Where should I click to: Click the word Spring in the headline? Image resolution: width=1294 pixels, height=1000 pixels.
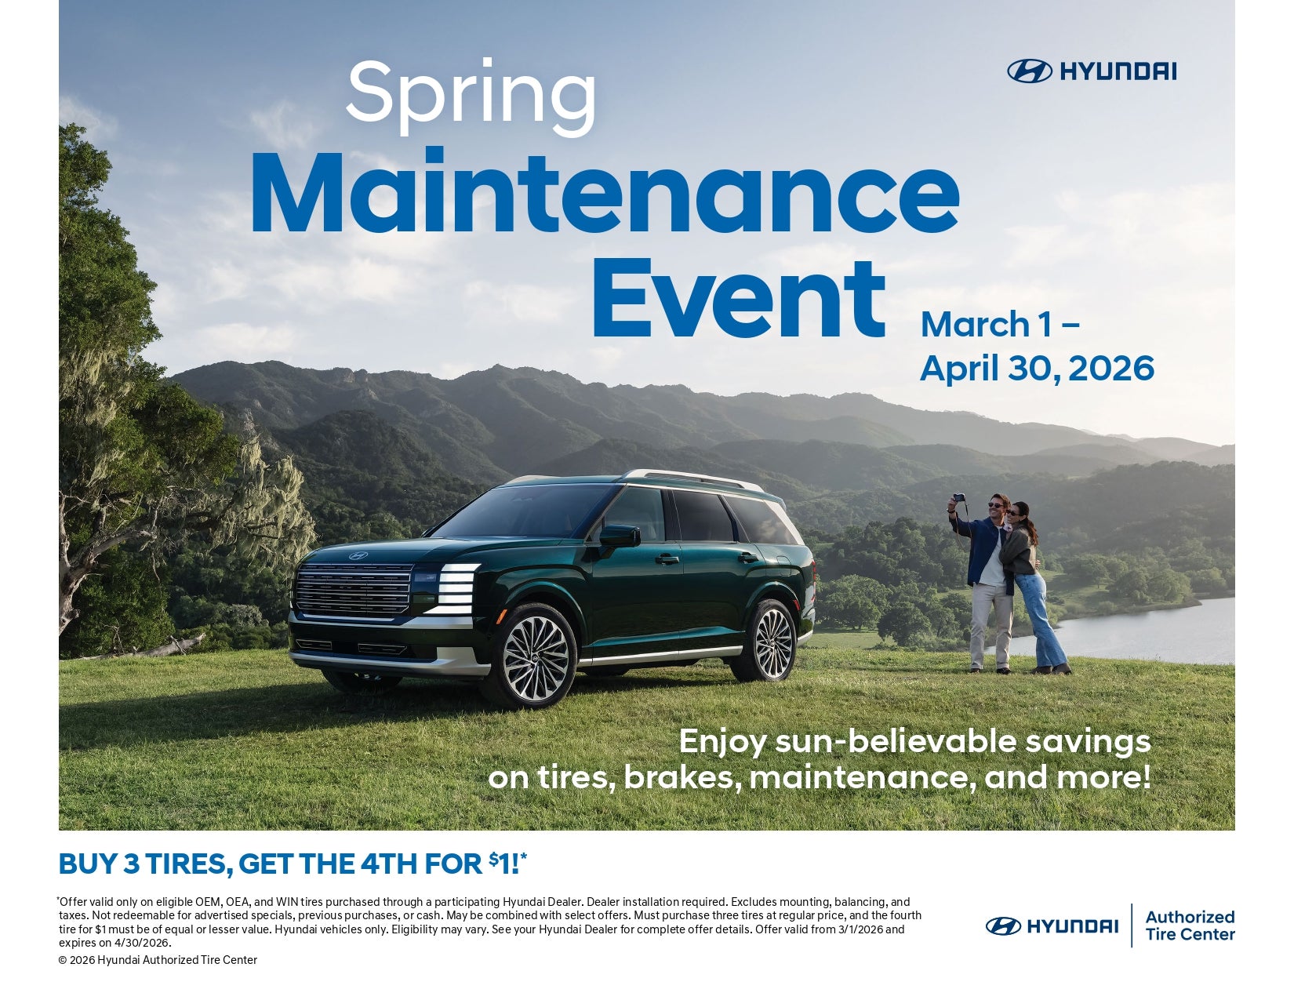tap(471, 97)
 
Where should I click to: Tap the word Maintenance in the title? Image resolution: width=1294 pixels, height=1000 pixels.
tap(605, 192)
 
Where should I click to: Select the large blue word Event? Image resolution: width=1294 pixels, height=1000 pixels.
tap(739, 298)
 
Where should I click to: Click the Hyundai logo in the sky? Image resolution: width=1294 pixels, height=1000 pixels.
tap(1092, 71)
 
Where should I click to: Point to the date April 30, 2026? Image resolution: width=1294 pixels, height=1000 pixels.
tap(1037, 368)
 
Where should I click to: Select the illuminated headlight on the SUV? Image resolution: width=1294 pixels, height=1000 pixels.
tap(456, 588)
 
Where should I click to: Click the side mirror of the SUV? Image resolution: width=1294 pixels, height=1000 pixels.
tap(620, 536)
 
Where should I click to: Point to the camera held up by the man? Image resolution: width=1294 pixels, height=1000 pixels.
tap(958, 498)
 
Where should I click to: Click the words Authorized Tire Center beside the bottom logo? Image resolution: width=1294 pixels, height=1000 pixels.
tap(1189, 925)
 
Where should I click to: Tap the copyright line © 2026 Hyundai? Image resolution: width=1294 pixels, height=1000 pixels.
tap(158, 960)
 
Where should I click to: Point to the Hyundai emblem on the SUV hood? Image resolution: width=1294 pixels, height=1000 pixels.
tap(358, 556)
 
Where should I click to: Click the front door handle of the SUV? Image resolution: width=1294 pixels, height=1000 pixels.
tap(667, 558)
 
